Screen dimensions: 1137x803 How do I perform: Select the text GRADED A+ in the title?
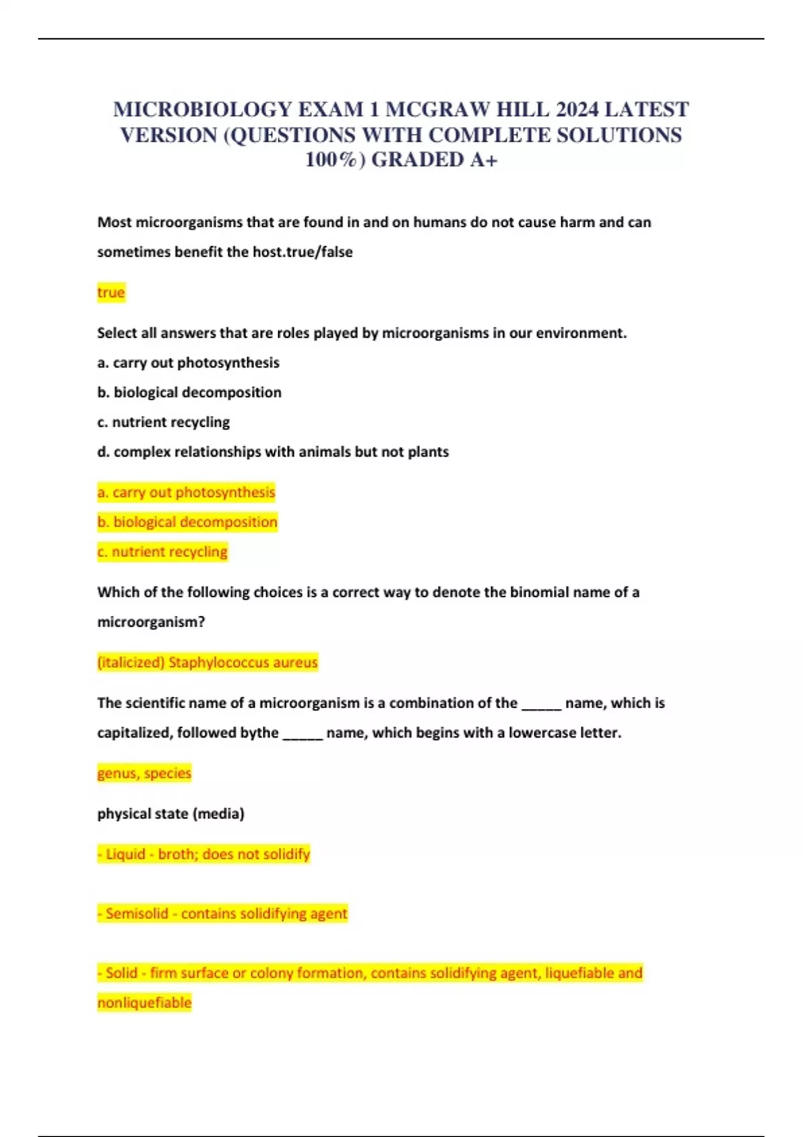(434, 160)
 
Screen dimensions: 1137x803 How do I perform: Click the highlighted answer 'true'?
(111, 292)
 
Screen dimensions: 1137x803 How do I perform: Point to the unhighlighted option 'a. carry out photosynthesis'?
(188, 363)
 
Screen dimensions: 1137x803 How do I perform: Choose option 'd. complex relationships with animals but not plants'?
(273, 451)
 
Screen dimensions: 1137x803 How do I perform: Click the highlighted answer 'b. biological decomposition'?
(187, 522)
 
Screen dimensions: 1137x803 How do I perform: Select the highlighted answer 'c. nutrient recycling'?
(163, 552)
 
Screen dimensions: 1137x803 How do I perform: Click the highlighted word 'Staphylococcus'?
(219, 662)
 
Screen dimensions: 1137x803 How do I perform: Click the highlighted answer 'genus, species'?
(145, 773)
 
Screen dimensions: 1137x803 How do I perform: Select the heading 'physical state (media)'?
(171, 813)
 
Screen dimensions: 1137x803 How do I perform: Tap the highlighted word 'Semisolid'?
(137, 914)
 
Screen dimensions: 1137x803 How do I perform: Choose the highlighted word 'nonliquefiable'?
(145, 1003)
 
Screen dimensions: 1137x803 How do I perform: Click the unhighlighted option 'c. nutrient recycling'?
(163, 422)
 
